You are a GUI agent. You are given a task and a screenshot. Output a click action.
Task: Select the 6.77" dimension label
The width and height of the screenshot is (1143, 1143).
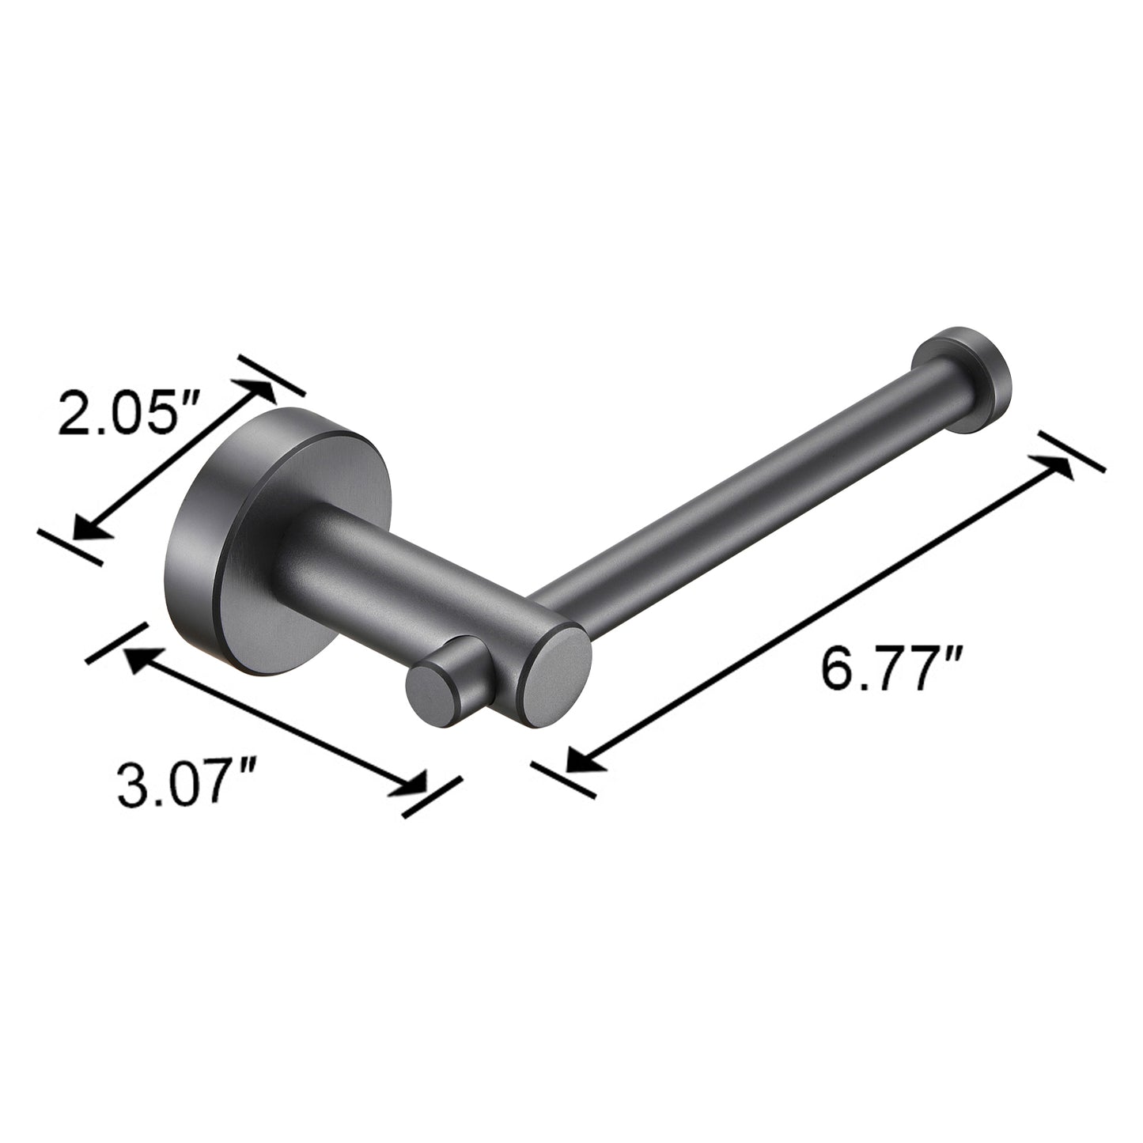[891, 669]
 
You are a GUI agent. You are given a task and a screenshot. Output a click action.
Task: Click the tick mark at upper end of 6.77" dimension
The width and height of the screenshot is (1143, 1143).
[1072, 452]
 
